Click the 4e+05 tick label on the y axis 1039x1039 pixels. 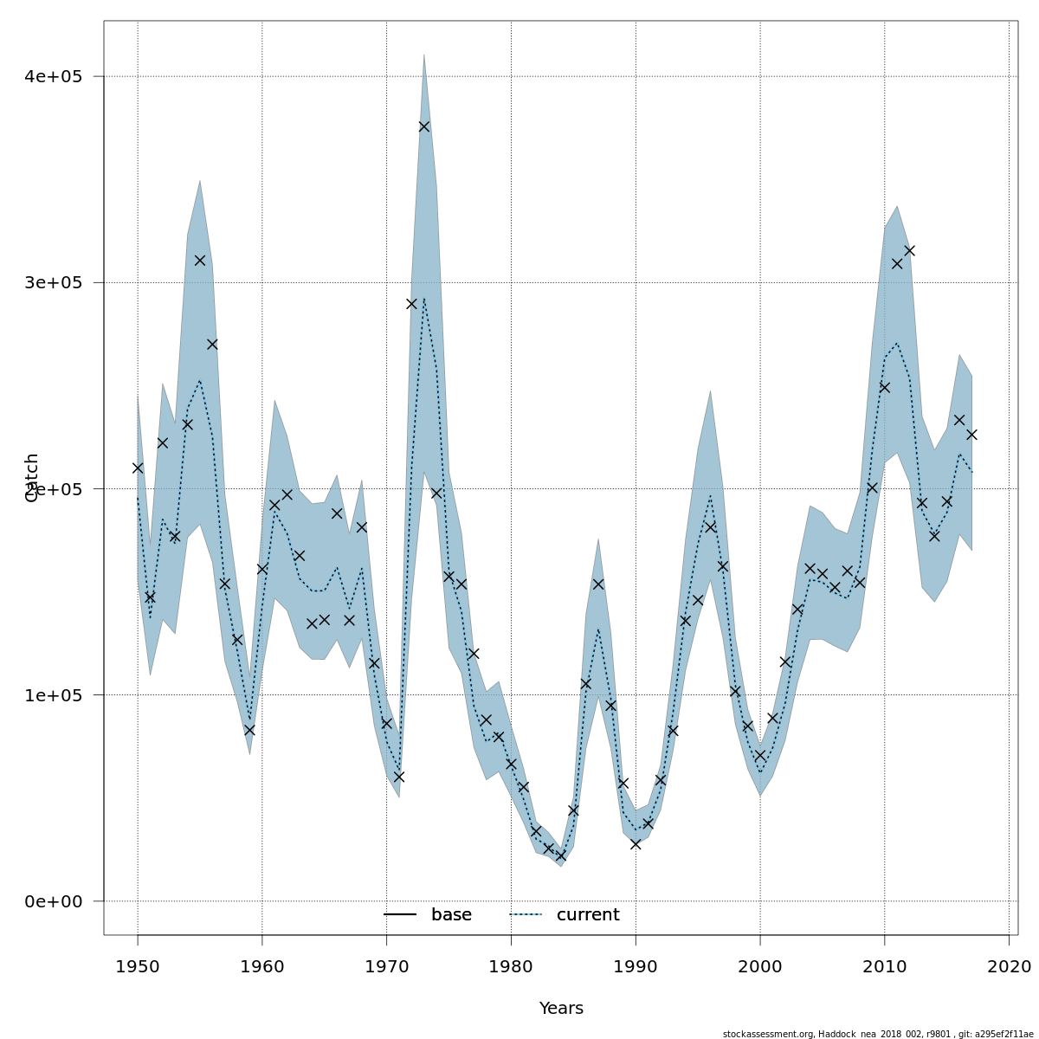[x=52, y=77]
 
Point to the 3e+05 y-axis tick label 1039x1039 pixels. [x=52, y=283]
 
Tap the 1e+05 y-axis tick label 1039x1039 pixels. [x=52, y=695]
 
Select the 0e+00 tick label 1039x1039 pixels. [x=52, y=901]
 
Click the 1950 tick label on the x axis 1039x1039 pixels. [x=138, y=965]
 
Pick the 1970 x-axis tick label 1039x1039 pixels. [x=387, y=965]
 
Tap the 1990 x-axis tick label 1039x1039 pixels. [x=636, y=965]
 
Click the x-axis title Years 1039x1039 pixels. [x=561, y=1009]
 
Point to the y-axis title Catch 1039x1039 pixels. [x=32, y=477]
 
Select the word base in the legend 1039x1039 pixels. [x=451, y=915]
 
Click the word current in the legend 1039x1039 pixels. [x=588, y=915]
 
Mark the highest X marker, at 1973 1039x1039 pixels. [x=424, y=126]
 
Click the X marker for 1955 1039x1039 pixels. [x=200, y=261]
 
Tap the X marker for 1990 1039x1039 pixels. [x=636, y=844]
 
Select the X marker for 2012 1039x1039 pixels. [x=909, y=251]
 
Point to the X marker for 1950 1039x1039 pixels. [x=138, y=468]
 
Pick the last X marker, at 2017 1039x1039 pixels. [x=971, y=435]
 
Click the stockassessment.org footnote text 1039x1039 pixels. [x=878, y=1034]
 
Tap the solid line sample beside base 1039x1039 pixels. [x=400, y=915]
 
